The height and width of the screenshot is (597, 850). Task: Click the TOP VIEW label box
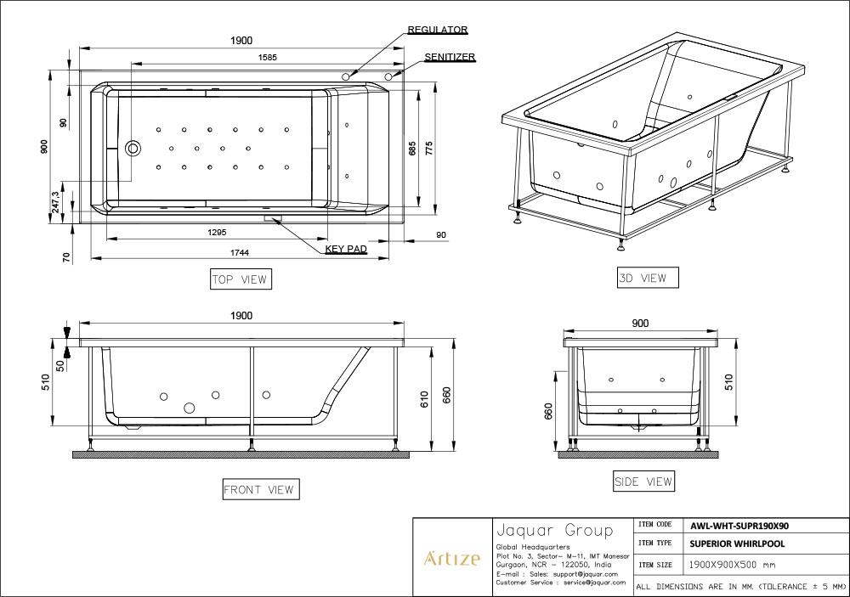(x=241, y=279)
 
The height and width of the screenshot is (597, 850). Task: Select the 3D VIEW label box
(x=647, y=278)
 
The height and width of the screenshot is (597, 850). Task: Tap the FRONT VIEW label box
(x=261, y=489)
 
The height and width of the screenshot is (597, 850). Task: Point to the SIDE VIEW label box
(x=644, y=481)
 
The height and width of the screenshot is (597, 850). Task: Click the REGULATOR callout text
(x=438, y=30)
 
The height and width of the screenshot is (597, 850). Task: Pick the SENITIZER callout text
(x=450, y=57)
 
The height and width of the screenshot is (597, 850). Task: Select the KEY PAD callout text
(x=346, y=249)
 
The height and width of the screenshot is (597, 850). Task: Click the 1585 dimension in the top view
(x=268, y=58)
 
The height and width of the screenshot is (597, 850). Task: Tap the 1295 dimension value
(x=217, y=233)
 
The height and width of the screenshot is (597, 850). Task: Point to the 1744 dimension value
(x=240, y=252)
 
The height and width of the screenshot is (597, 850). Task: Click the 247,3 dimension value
(x=56, y=201)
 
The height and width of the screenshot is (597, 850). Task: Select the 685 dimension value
(x=412, y=149)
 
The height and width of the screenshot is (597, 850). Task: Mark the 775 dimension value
(x=429, y=149)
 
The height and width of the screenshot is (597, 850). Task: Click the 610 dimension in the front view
(x=424, y=399)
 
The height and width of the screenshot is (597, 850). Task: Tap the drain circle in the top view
(x=133, y=148)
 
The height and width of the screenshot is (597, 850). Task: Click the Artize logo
(x=451, y=558)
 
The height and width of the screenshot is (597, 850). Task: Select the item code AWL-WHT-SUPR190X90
(x=739, y=526)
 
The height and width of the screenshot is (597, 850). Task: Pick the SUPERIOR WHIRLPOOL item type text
(x=737, y=543)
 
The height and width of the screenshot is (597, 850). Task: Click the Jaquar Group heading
(x=554, y=529)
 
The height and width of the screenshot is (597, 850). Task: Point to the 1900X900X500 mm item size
(x=732, y=565)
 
